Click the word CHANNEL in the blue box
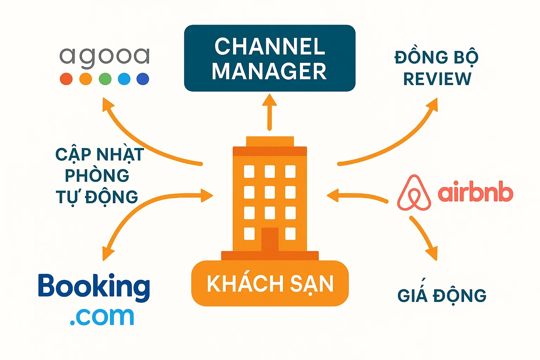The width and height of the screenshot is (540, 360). [270, 46]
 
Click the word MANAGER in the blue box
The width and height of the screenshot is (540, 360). [269, 71]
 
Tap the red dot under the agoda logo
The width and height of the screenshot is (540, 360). [66, 79]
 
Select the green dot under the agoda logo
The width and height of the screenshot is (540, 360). [105, 79]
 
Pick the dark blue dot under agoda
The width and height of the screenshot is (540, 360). [143, 79]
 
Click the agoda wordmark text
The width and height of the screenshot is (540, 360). [104, 57]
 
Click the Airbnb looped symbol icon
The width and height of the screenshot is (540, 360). [414, 193]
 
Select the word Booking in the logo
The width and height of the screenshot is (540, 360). [94, 287]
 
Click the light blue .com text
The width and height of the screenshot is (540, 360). [102, 316]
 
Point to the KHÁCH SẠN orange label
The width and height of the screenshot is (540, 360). [270, 284]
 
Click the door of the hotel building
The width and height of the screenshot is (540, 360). [270, 239]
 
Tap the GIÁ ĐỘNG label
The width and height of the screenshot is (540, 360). [442, 296]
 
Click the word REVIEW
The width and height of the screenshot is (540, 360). [437, 79]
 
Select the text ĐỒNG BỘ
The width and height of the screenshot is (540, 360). [436, 57]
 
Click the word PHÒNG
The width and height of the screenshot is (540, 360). [97, 175]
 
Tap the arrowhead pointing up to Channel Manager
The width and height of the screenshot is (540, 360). [270, 100]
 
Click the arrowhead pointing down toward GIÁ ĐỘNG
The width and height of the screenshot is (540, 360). [432, 254]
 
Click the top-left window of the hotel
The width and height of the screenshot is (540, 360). [249, 172]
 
